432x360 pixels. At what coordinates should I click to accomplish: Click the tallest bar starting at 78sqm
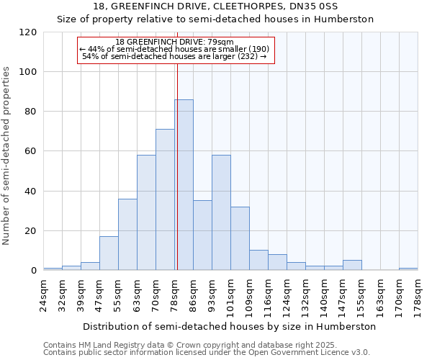click(184, 185)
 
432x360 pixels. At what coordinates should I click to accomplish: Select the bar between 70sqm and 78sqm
click(165, 199)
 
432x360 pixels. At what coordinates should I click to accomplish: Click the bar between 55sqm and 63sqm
click(127, 235)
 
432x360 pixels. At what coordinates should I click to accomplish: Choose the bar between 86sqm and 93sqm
click(202, 235)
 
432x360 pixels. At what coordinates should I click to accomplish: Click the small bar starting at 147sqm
click(352, 266)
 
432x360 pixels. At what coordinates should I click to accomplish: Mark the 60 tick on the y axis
click(31, 151)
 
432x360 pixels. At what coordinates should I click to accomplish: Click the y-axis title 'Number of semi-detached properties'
click(6, 156)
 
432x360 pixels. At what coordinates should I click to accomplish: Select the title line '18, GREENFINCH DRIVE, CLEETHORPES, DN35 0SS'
click(215, 6)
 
